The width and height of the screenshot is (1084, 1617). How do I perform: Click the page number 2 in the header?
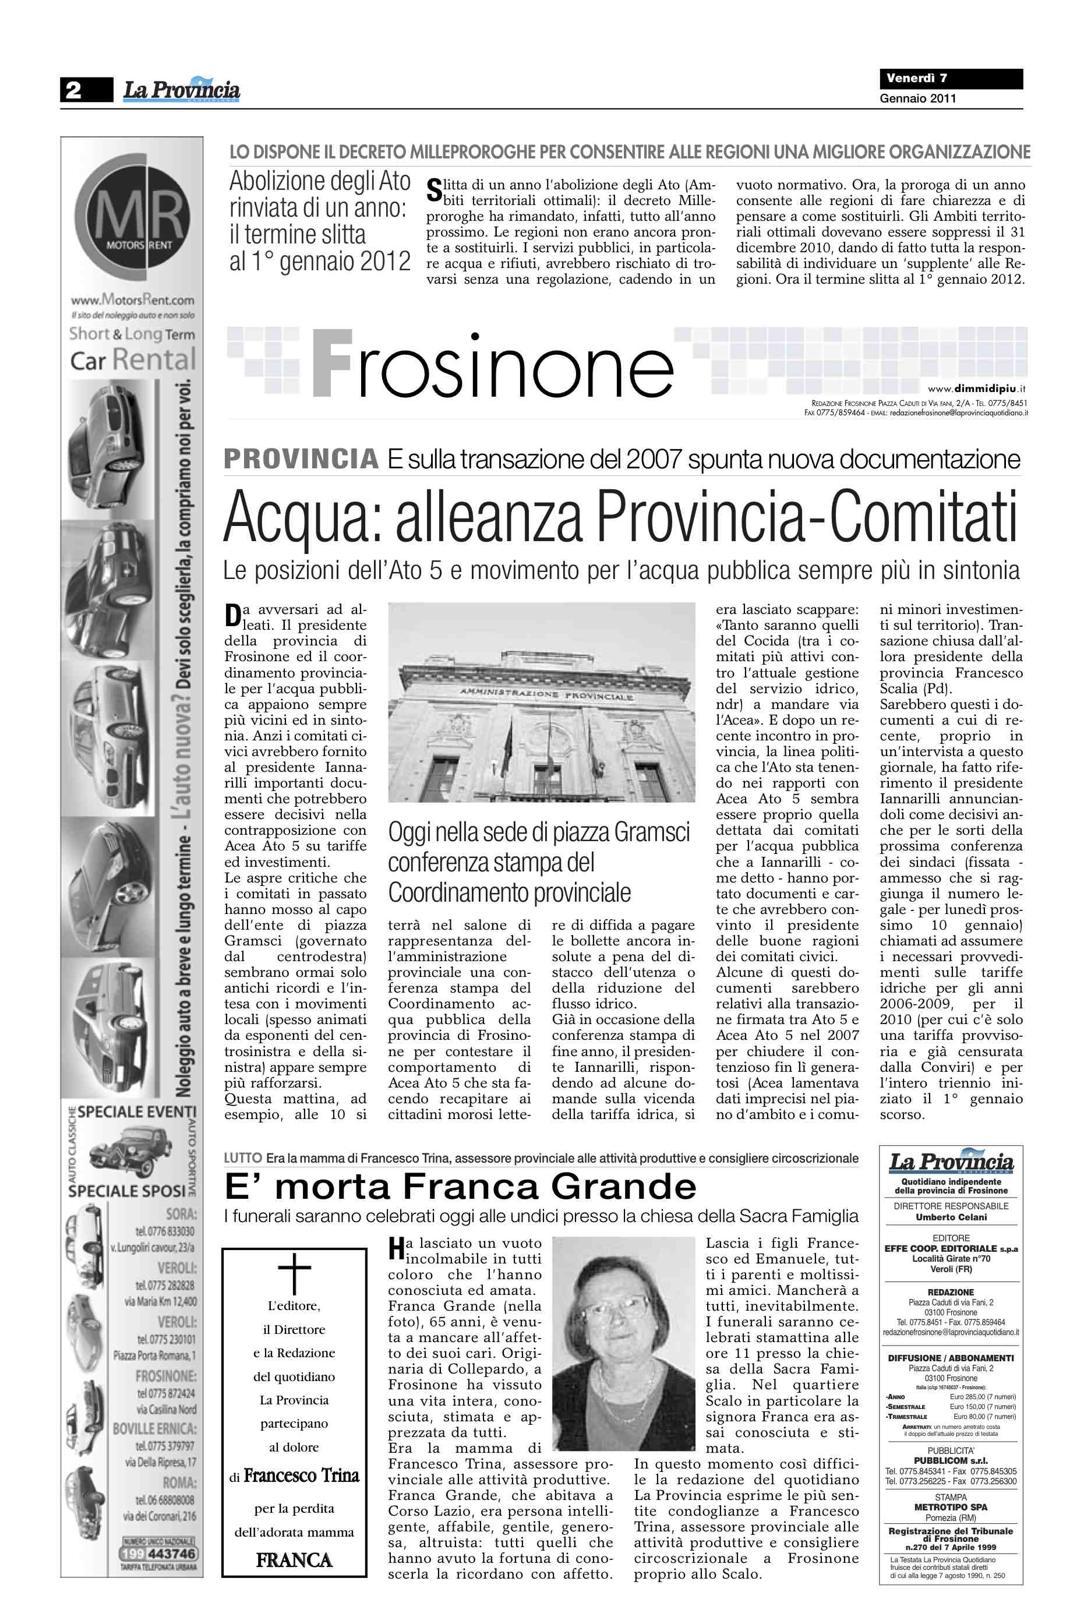click(73, 90)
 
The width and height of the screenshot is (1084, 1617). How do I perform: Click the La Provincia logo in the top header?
click(182, 90)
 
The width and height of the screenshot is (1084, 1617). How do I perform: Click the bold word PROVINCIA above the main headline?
click(301, 459)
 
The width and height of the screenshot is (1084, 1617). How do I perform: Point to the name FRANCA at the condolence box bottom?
click(294, 1560)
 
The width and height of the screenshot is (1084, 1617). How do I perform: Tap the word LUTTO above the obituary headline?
click(243, 1158)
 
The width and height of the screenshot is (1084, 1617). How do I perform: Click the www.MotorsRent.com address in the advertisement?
click(132, 300)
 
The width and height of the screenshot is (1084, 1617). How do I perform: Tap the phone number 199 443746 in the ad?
click(158, 1554)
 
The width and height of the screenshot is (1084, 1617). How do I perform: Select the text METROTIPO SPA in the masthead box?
click(951, 1507)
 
